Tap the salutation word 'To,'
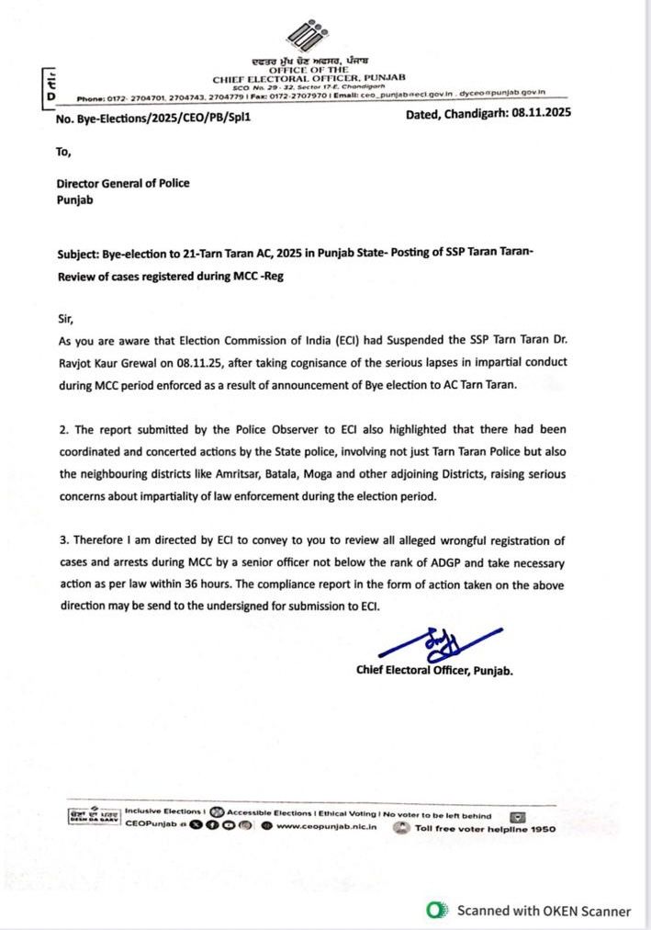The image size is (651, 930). (x=63, y=152)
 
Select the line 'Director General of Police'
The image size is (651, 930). (x=123, y=183)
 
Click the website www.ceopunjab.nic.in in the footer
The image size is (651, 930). (x=326, y=826)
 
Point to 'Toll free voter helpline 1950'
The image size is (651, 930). (x=485, y=828)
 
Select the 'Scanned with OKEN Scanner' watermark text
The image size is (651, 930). (x=544, y=912)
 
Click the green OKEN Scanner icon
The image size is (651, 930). (x=435, y=911)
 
